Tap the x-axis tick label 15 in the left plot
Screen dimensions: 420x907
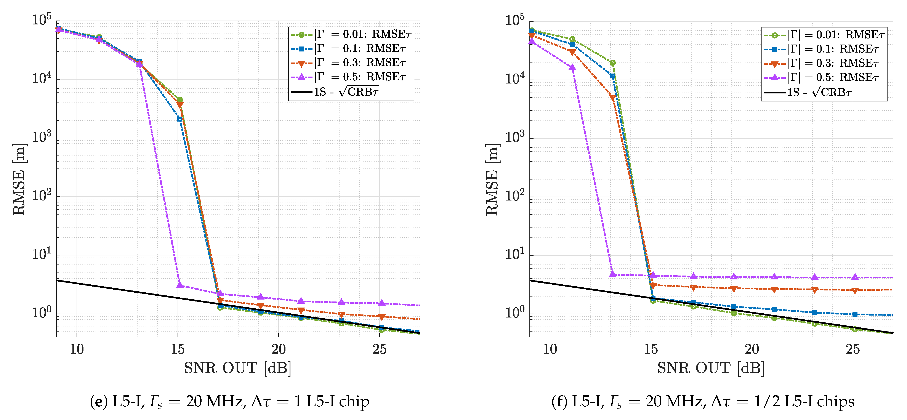[x=178, y=349]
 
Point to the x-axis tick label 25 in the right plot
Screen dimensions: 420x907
[x=853, y=349]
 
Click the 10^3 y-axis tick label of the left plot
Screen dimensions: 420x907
[x=42, y=137]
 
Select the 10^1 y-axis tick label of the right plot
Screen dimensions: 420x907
[x=515, y=254]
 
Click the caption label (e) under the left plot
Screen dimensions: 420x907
[x=99, y=402]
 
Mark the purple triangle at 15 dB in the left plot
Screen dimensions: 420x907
[x=180, y=284]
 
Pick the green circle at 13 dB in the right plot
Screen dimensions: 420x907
[x=613, y=63]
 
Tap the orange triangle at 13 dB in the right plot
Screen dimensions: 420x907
[x=613, y=98]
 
